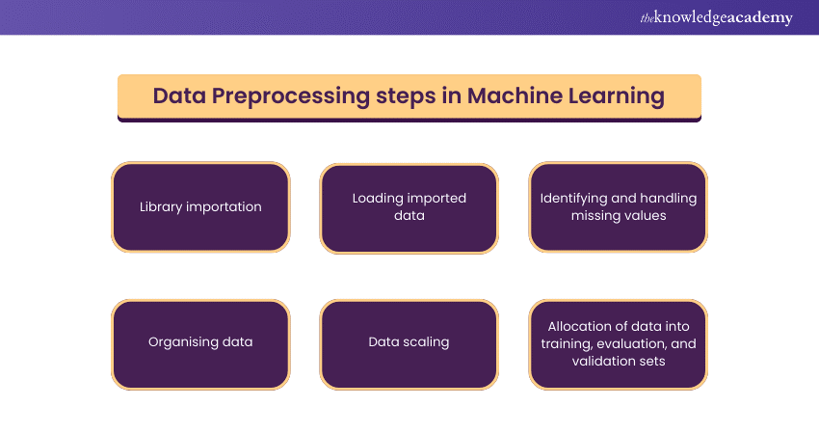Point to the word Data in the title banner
click(x=180, y=96)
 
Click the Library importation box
click(x=200, y=206)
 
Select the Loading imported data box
click(x=409, y=207)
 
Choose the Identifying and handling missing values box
click(x=618, y=207)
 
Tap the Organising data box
click(x=200, y=342)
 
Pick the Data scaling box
click(x=409, y=342)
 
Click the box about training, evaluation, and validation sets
click(x=618, y=343)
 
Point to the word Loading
click(x=378, y=198)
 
